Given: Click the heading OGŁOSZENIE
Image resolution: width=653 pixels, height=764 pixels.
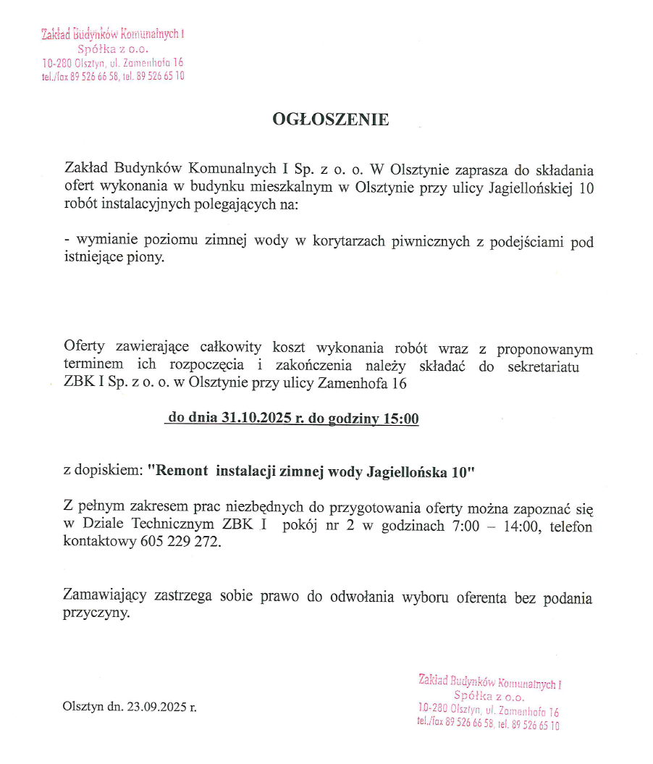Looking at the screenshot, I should click(330, 119).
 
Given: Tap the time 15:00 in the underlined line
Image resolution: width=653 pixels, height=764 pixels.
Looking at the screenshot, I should click(402, 419).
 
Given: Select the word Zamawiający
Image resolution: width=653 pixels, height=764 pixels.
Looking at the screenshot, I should click(105, 598).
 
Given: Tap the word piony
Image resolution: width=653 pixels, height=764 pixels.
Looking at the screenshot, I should click(148, 258).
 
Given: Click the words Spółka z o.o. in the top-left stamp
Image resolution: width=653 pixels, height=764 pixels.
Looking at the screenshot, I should click(113, 49).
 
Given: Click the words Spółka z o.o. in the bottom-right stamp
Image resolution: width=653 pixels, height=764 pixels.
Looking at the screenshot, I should click(489, 697).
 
